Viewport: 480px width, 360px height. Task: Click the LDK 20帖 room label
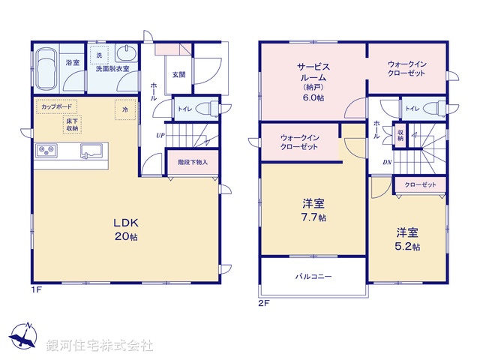pos(124,228)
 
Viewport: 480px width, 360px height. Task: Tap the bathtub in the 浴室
pos(47,67)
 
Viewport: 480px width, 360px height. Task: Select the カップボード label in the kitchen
pos(58,107)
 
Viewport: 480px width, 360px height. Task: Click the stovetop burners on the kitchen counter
pos(46,151)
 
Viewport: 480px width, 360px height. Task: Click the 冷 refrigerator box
pos(124,108)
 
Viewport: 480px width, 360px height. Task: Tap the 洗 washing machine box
pos(98,55)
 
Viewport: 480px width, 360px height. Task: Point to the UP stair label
pos(160,135)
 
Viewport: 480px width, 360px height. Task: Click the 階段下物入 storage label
pos(192,162)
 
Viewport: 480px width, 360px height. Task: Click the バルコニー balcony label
pos(313,276)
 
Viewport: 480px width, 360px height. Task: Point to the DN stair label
pos(388,162)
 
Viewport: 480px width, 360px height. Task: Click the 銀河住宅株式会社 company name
pos(100,346)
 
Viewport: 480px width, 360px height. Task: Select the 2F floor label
pos(263,304)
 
